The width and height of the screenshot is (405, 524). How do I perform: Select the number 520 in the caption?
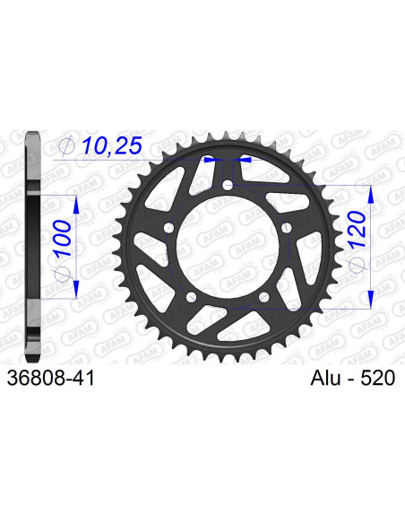point(376,380)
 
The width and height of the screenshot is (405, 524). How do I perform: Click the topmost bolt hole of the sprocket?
point(228,186)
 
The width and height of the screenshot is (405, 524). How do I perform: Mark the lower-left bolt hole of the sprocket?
point(191,298)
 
